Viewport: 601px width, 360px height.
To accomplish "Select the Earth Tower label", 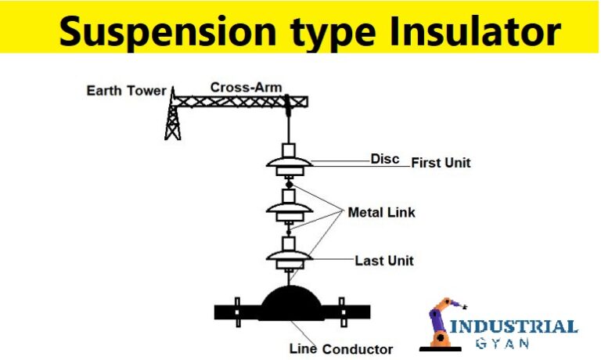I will point(126,91).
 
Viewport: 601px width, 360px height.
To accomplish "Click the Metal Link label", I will point(381,212).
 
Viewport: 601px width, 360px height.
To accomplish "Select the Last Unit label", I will point(384,261).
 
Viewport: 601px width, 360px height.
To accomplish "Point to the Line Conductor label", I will point(341,348).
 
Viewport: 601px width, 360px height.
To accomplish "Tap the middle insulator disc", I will point(290,210).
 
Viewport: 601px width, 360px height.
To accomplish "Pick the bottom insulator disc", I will point(290,256).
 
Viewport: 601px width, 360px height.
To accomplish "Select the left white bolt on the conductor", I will point(239,311).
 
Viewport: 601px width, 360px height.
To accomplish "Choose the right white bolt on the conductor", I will point(341,311).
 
